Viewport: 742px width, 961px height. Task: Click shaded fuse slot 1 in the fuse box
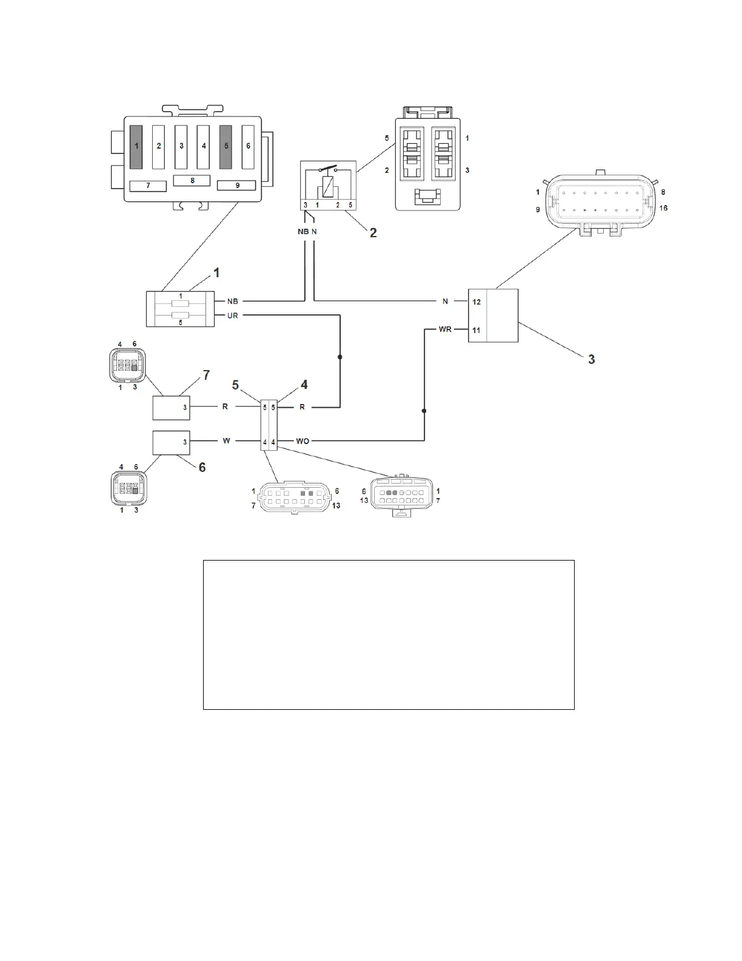tap(136, 146)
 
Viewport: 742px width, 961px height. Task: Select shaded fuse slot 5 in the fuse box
tap(226, 146)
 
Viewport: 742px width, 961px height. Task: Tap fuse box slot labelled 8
tap(192, 180)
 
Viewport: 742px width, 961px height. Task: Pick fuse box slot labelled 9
tap(237, 185)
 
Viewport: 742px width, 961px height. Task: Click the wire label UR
tap(232, 315)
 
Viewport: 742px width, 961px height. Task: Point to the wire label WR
tap(446, 329)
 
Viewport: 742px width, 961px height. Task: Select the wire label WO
tap(302, 441)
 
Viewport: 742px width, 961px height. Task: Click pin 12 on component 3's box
tap(476, 302)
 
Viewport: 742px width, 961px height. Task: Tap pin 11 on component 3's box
tap(476, 330)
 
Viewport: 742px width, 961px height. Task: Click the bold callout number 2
tap(373, 232)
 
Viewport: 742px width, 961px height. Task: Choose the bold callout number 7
tap(207, 376)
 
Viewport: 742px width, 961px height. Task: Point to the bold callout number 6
tap(202, 467)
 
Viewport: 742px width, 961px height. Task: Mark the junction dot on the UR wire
tap(339, 357)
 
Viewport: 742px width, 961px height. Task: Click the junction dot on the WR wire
tap(424, 411)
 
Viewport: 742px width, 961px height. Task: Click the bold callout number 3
tap(591, 359)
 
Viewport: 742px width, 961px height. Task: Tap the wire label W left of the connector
tap(226, 440)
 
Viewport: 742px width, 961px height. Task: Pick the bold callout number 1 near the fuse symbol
tap(216, 273)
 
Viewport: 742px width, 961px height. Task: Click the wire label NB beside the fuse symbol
tap(232, 301)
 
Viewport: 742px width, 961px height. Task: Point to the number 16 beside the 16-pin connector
tap(663, 208)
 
